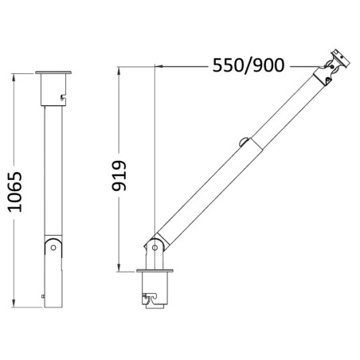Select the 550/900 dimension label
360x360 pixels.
point(248,65)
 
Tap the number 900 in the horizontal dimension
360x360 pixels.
point(270,65)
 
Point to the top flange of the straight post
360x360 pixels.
point(53,75)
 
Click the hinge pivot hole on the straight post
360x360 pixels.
point(53,247)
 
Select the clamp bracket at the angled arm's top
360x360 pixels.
point(335,64)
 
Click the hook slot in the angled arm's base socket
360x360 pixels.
point(149,299)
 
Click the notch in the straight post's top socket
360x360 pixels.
point(61,97)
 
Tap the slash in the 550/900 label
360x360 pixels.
point(249,65)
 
